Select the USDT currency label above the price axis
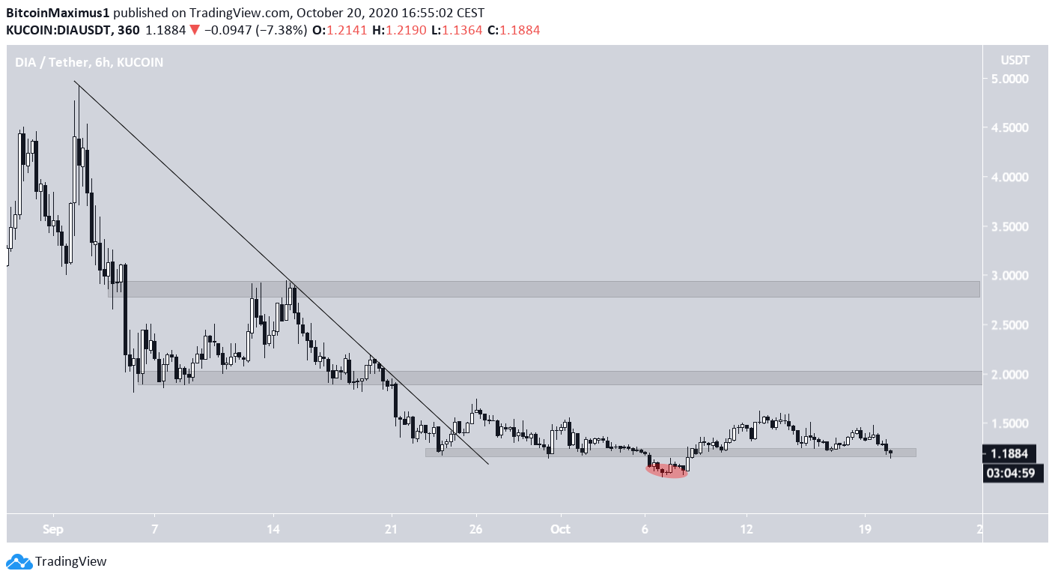pos(1015,59)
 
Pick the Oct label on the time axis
pos(560,528)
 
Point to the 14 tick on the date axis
pos(273,528)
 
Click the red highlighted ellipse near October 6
pos(666,471)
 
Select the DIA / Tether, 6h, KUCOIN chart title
pos(89,62)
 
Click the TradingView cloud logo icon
pos(19,561)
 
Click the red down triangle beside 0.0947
pos(194,30)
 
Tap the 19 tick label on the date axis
pos(865,528)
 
